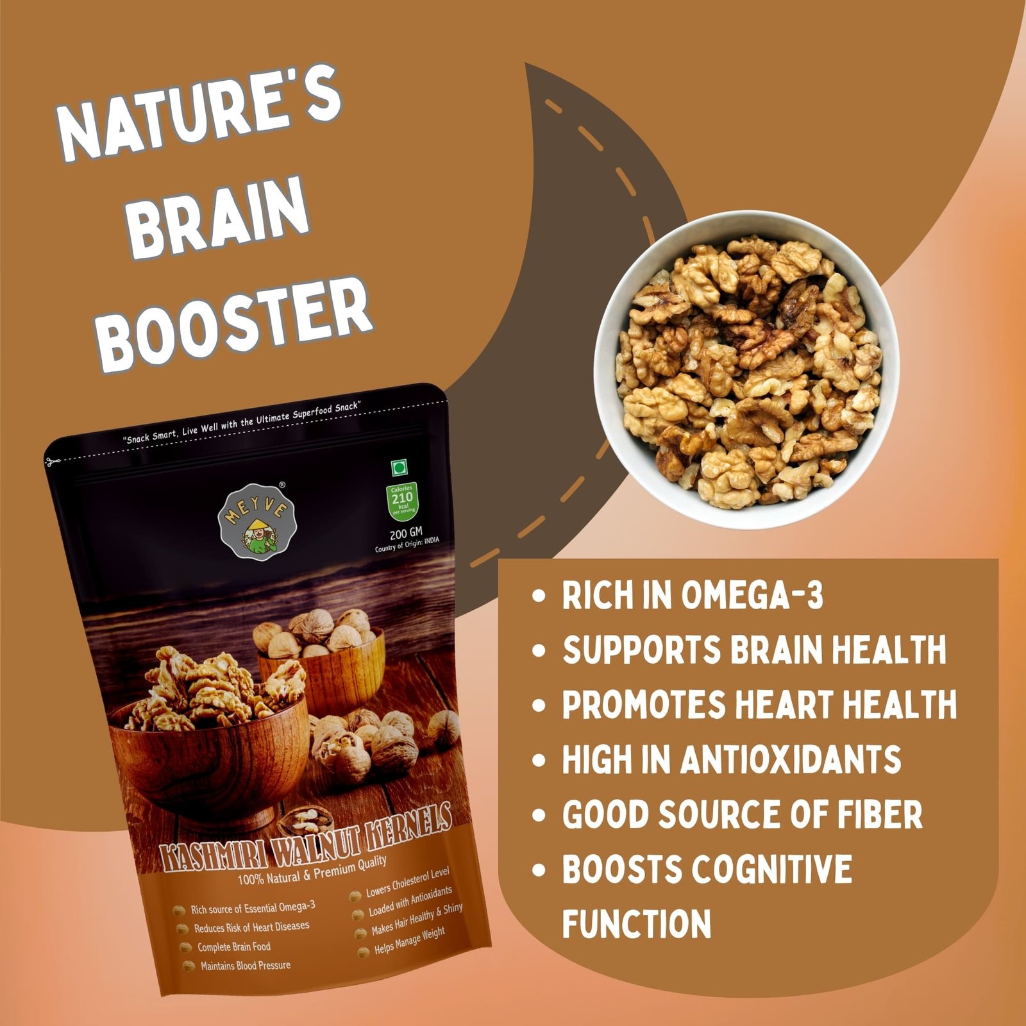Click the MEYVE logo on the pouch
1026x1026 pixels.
point(258,521)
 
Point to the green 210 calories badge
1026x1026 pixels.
point(402,501)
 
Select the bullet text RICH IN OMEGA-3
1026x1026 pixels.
point(693,596)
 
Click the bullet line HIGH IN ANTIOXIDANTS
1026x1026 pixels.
point(732,760)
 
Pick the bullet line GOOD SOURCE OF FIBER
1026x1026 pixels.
point(742,814)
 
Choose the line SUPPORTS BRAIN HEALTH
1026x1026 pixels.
point(754,650)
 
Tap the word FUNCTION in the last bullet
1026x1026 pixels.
point(637,924)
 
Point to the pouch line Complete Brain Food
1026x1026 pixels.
point(233,947)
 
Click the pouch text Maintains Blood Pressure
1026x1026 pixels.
point(246,966)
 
